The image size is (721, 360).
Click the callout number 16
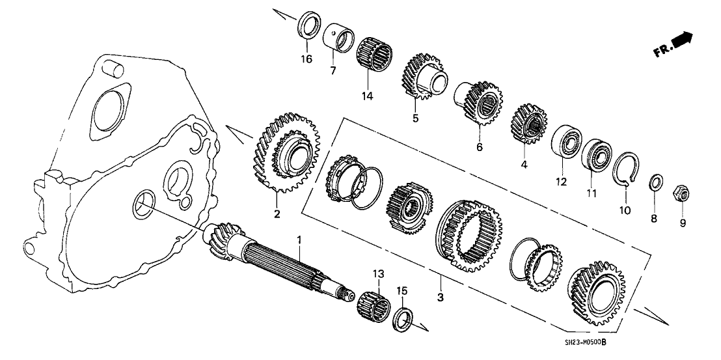(306, 59)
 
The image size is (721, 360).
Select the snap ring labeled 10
(626, 169)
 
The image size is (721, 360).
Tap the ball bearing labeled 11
(595, 156)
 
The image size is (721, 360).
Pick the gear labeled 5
(424, 77)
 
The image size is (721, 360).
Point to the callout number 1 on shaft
(300, 240)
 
